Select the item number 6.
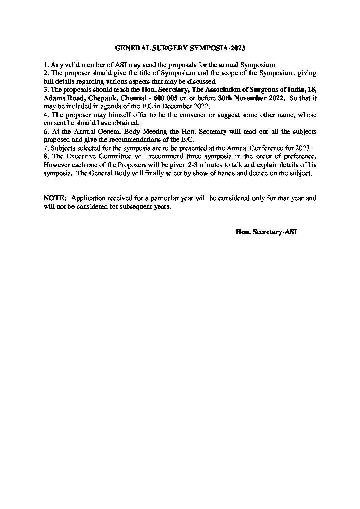tap(46, 131)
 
